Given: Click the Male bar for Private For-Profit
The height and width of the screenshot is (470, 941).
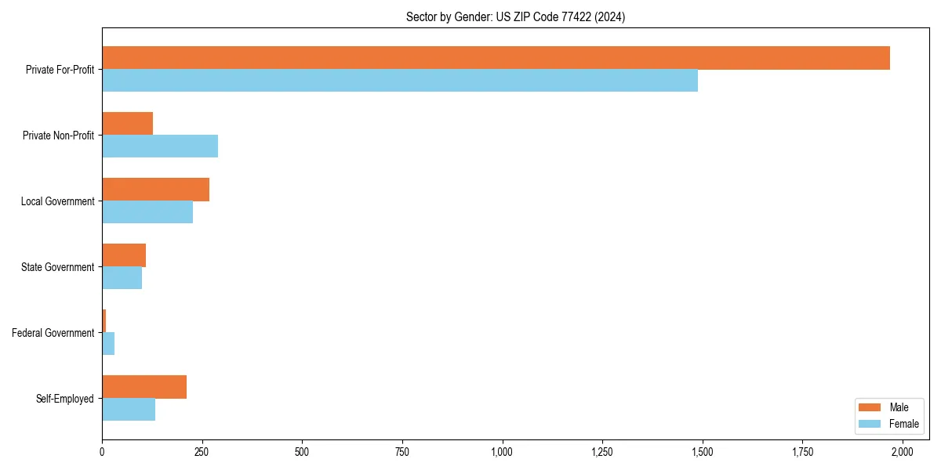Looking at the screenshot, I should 496,58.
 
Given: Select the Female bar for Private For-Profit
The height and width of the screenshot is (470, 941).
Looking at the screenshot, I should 400,81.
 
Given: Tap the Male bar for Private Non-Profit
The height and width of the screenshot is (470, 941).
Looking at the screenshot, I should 127,124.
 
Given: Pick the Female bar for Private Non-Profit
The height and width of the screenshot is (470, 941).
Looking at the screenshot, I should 160,146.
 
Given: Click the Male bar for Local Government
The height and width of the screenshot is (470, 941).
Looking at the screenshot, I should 155,190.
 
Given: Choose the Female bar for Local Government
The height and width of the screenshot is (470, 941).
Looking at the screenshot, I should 147,212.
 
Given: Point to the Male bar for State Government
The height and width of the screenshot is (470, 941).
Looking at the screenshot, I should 124,255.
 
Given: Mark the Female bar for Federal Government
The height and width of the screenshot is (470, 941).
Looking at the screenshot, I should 108,344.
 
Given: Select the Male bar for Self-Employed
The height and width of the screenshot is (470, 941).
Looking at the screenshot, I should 144,387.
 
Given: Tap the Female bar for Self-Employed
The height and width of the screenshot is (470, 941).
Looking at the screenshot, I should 129,410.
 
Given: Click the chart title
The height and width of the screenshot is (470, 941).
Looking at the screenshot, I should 515,16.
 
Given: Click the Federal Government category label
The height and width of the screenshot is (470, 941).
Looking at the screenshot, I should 53,333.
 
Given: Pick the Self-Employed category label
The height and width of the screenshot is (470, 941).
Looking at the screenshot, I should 65,399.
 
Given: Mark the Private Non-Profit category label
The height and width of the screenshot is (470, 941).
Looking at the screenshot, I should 59,136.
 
